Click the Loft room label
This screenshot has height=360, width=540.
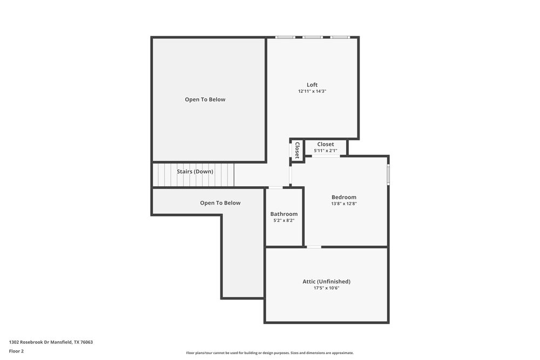click(312, 85)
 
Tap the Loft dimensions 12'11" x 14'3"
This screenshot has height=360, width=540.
click(312, 92)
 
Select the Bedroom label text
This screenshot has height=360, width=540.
click(344, 197)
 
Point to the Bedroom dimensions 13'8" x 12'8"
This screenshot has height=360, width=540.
click(344, 204)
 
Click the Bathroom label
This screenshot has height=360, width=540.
click(284, 214)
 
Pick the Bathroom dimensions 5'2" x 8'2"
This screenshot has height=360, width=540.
click(284, 221)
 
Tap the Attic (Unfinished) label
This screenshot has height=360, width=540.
click(326, 281)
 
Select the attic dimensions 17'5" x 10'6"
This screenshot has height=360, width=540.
click(326, 288)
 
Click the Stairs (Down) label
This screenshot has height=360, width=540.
click(195, 172)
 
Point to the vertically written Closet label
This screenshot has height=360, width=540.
click(297, 150)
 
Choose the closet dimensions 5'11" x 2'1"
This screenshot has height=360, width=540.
click(326, 151)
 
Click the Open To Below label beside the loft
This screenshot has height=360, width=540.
click(205, 99)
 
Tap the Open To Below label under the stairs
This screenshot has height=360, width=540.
click(220, 203)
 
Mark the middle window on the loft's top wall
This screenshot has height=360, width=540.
click(312, 37)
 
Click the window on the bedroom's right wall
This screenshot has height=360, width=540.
click(388, 175)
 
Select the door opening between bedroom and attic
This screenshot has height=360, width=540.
click(314, 247)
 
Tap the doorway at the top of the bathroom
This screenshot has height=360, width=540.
click(275, 187)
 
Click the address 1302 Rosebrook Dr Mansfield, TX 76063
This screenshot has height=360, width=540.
click(51, 342)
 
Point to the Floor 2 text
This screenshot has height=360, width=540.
click(16, 351)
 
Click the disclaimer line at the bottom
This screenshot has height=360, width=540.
click(270, 353)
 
